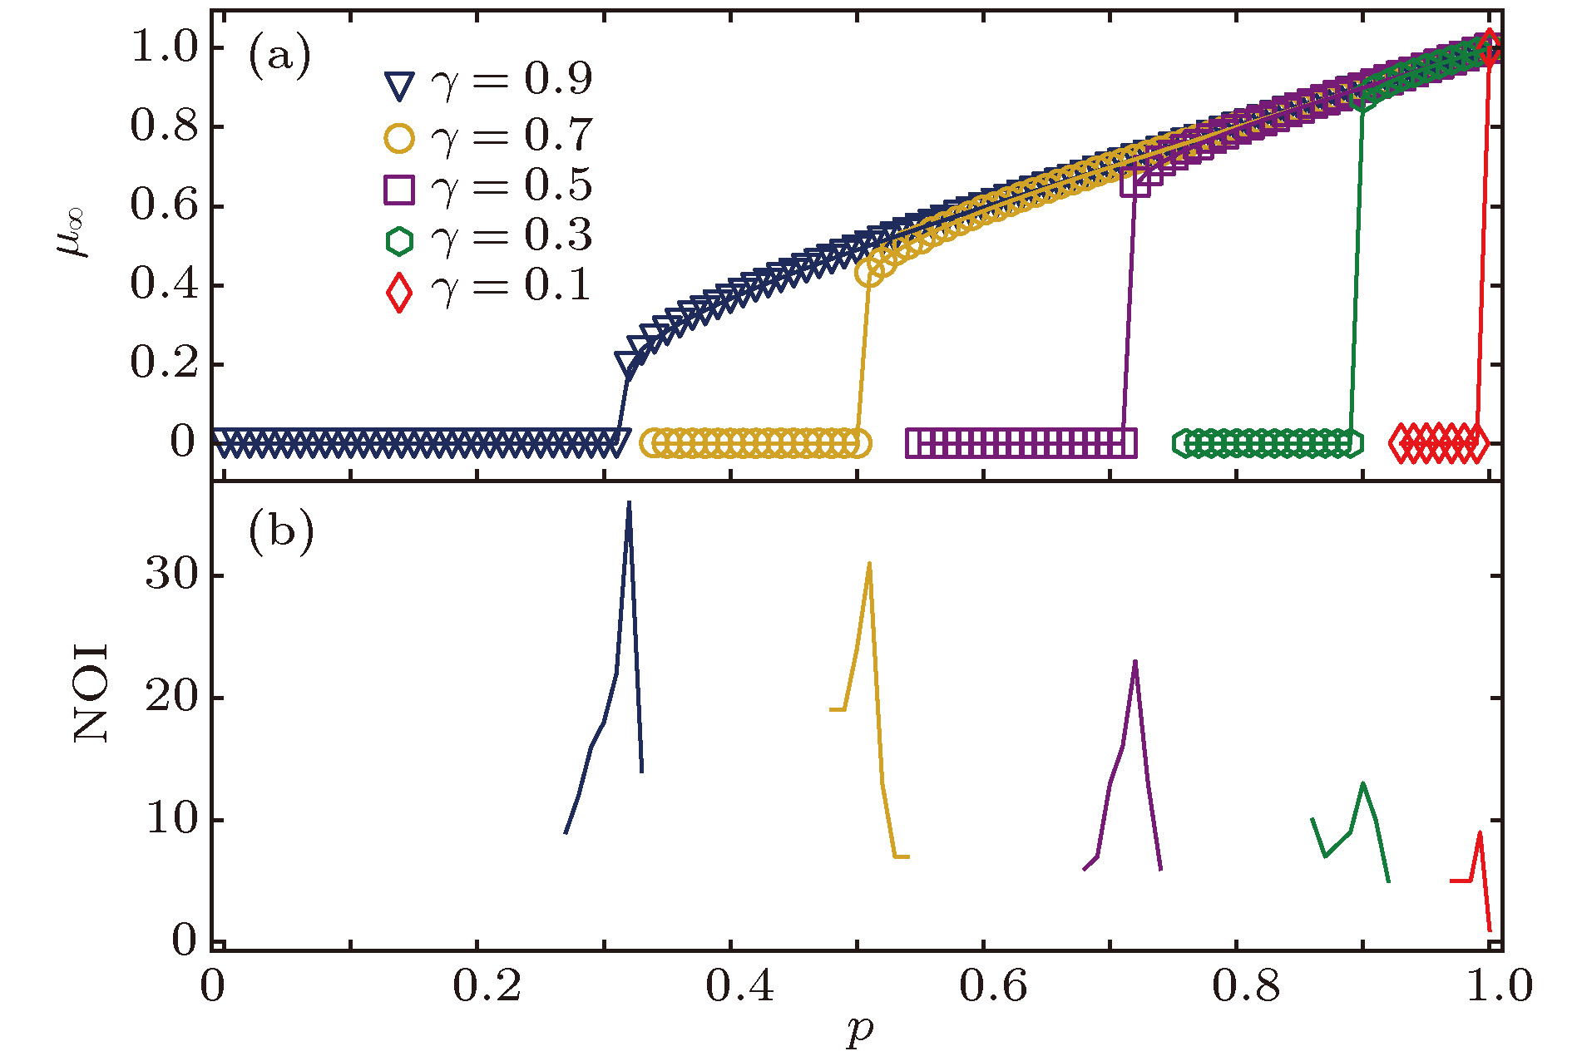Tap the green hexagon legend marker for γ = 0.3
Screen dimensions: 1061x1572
pyautogui.click(x=399, y=240)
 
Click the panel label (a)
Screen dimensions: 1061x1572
pyautogui.click(x=279, y=57)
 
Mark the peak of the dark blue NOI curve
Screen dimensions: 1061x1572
pyautogui.click(x=629, y=502)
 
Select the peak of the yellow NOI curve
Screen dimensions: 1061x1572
pyautogui.click(x=869, y=564)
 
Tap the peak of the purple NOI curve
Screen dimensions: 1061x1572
pyautogui.click(x=1135, y=662)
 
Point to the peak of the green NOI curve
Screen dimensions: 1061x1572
pyautogui.click(x=1362, y=783)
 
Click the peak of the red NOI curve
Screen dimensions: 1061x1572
pyautogui.click(x=1480, y=832)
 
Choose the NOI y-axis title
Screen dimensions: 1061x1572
pyautogui.click(x=91, y=693)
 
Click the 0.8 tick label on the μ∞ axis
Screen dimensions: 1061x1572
pyautogui.click(x=165, y=126)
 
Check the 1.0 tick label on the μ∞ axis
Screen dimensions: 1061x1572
pyautogui.click(x=165, y=47)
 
